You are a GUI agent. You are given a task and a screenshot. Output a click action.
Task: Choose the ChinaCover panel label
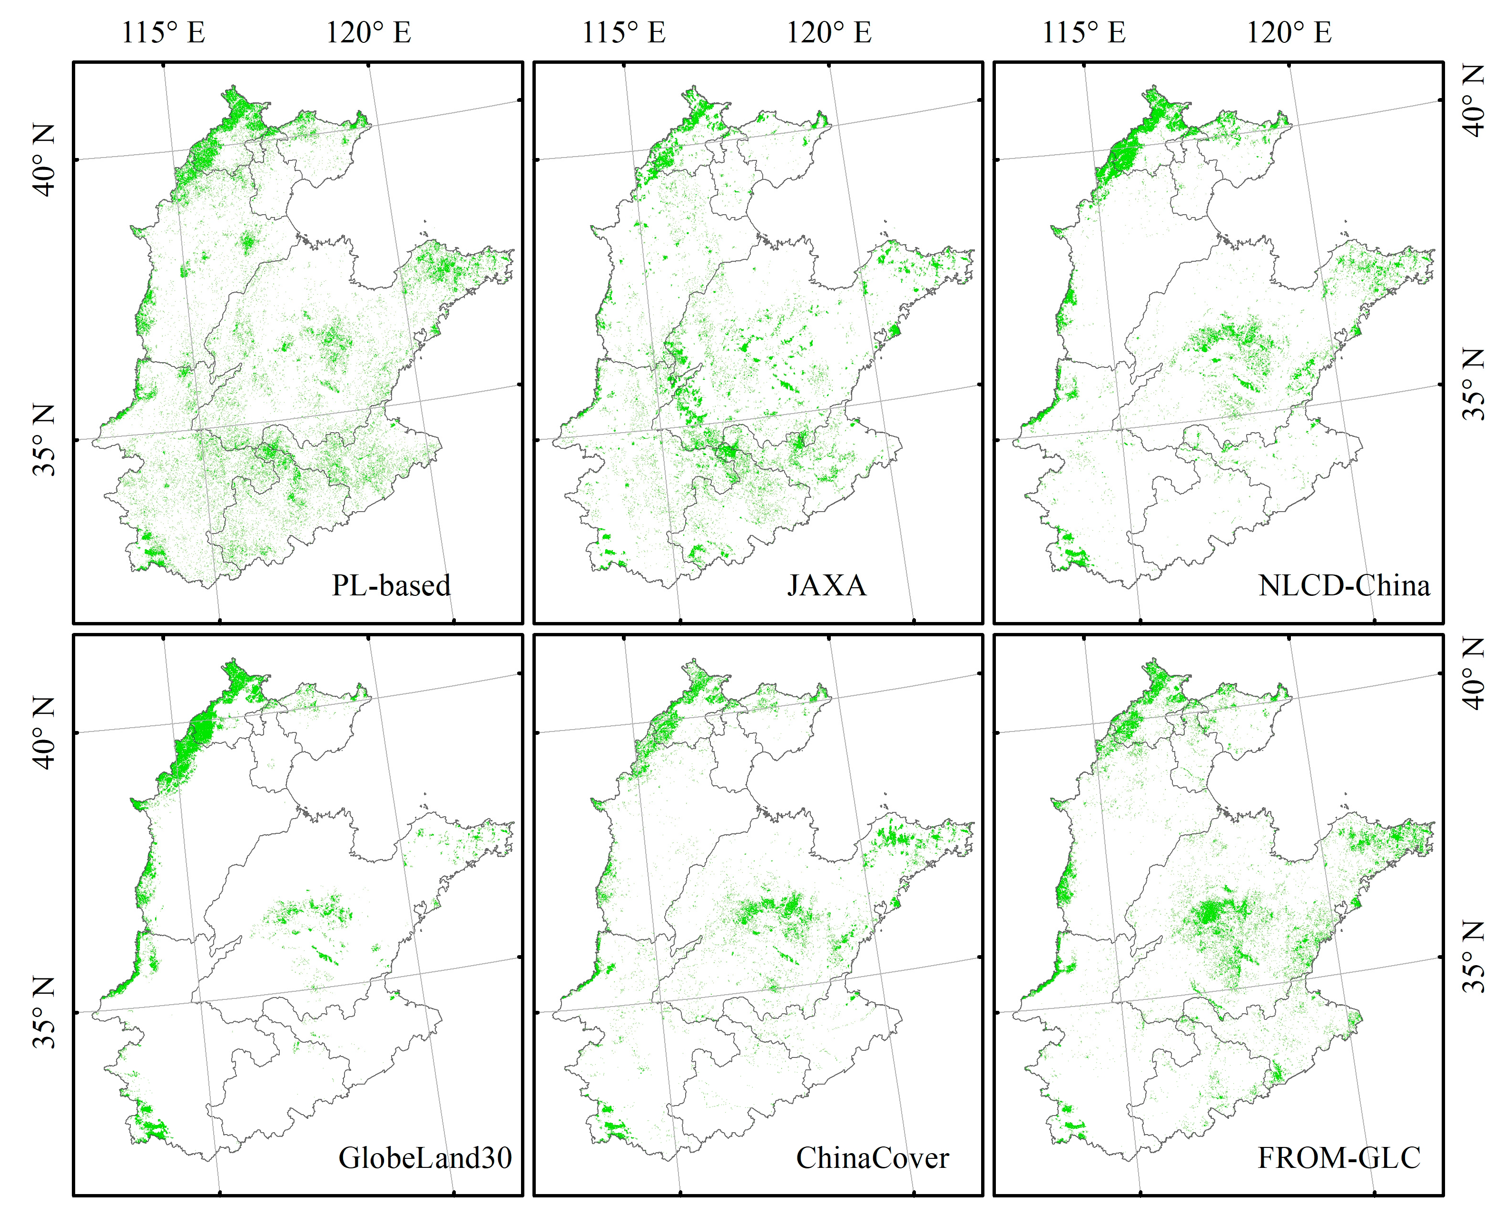(x=872, y=1158)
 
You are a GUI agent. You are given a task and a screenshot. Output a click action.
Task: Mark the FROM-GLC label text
(x=1338, y=1158)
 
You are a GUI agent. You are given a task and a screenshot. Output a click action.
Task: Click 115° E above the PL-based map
(x=163, y=33)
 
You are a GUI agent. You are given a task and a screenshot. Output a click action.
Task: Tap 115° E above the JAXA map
(x=623, y=33)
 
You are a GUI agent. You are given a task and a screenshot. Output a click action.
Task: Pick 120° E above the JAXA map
(x=828, y=33)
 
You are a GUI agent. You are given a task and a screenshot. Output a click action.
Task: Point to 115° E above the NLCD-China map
(x=1083, y=33)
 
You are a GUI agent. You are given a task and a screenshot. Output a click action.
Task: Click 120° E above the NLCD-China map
(x=1288, y=33)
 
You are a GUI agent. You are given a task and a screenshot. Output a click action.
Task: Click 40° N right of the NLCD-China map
(x=1473, y=101)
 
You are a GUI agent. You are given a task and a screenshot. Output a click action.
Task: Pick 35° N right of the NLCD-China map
(x=1473, y=384)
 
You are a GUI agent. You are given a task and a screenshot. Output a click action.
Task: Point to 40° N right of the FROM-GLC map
(x=1473, y=673)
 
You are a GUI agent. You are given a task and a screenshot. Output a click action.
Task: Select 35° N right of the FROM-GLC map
(x=1473, y=957)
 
